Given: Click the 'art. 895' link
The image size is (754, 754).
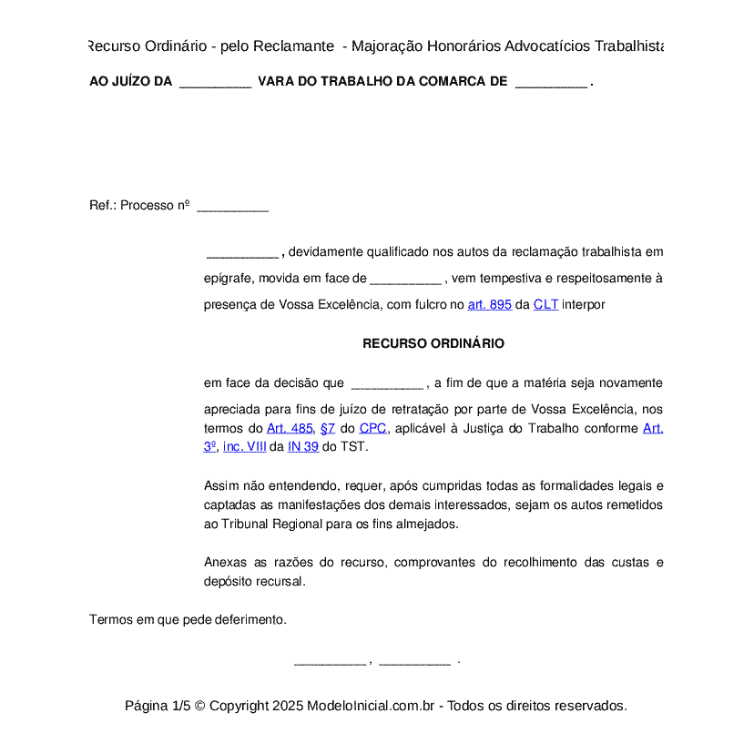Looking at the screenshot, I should click(x=489, y=305).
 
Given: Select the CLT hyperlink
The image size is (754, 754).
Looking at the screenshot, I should click(x=545, y=305).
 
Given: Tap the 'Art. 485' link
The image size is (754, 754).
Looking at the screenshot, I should click(x=290, y=428).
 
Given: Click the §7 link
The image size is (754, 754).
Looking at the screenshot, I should click(x=328, y=428).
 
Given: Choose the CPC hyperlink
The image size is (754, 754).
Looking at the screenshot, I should click(x=372, y=428).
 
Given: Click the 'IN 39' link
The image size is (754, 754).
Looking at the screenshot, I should click(x=303, y=446).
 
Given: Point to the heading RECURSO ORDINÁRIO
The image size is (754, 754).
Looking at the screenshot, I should click(x=433, y=343).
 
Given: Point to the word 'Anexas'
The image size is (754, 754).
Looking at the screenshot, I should click(x=224, y=563).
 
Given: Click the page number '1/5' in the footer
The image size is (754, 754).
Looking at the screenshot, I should click(x=181, y=706).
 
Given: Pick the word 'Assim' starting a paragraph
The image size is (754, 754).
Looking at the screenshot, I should click(x=220, y=485).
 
